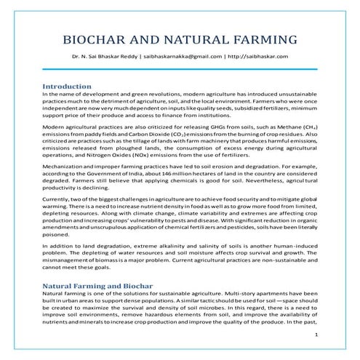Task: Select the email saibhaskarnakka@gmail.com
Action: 192,56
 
